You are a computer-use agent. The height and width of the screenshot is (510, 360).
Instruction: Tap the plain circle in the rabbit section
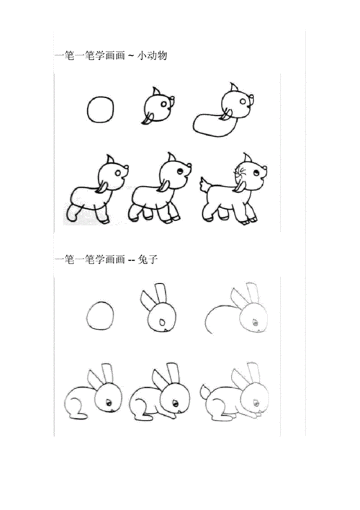101,316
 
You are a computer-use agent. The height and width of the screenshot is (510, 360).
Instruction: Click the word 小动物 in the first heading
152,55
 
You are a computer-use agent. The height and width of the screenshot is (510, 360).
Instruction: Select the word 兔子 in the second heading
150,260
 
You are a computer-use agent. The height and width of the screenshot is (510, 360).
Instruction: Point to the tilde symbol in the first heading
130,56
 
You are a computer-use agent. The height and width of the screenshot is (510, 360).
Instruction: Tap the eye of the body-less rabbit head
165,319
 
